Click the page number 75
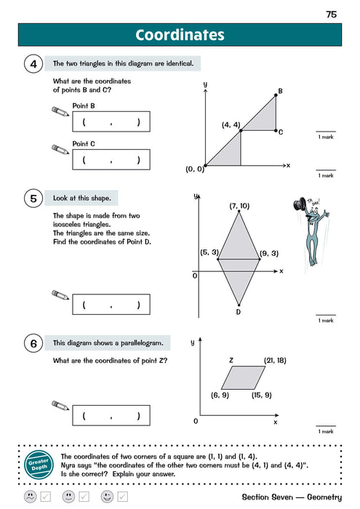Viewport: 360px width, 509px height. pyautogui.click(x=331, y=14)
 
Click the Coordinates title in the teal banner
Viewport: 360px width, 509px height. pyautogui.click(x=180, y=35)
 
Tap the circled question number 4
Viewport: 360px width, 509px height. pyautogui.click(x=33, y=64)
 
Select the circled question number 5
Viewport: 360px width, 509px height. pyautogui.click(x=33, y=199)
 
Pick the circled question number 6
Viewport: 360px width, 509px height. pyautogui.click(x=33, y=342)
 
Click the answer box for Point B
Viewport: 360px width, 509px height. pyautogui.click(x=111, y=122)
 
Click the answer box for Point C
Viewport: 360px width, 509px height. pyautogui.click(x=111, y=159)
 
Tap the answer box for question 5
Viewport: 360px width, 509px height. pyautogui.click(x=111, y=305)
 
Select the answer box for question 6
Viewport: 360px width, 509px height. pyautogui.click(x=111, y=416)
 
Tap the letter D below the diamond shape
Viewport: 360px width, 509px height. pyautogui.click(x=239, y=312)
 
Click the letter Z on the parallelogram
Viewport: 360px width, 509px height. pyautogui.click(x=231, y=359)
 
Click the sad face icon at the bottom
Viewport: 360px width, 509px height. pyautogui.click(x=29, y=497)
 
